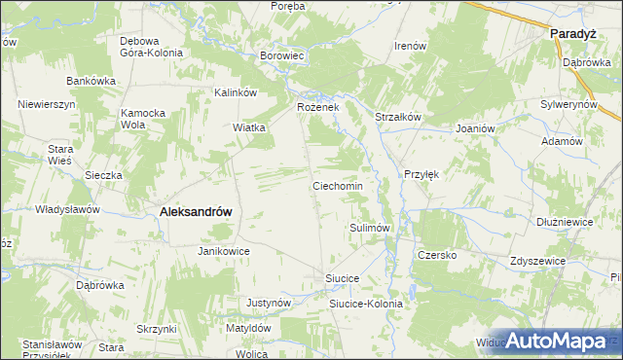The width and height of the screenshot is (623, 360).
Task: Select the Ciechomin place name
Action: [337, 185]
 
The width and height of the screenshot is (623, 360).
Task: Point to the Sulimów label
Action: [370, 227]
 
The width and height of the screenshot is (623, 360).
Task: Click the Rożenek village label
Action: [317, 106]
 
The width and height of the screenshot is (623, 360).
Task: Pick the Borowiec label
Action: [283, 56]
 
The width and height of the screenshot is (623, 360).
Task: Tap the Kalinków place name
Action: [235, 92]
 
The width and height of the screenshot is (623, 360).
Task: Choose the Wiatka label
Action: [249, 127]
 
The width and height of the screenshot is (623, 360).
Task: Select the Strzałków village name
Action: [397, 117]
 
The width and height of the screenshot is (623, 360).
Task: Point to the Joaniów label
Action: [476, 127]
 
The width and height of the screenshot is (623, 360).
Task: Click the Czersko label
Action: [437, 255]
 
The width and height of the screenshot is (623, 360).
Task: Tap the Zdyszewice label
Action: [538, 262]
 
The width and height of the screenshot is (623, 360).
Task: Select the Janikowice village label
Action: [224, 250]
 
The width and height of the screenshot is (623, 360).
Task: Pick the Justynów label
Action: [270, 303]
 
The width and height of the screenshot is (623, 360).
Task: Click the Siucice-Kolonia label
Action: [365, 304]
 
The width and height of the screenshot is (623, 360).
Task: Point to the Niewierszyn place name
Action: [47, 102]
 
